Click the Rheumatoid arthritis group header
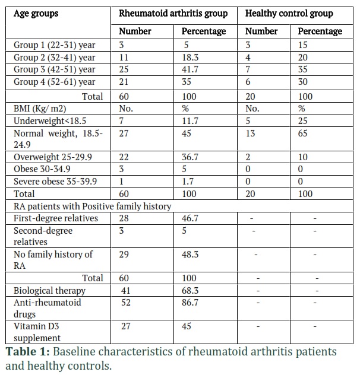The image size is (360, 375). (x=173, y=14)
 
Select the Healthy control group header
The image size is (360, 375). (x=289, y=14)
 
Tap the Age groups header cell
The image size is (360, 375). (x=36, y=14)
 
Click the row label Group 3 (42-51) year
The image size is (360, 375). (x=55, y=69)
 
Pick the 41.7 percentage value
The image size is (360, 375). (x=190, y=69)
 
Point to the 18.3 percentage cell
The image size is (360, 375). (x=190, y=58)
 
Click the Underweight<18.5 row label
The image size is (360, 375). (x=50, y=121)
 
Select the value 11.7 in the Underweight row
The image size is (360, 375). (x=190, y=121)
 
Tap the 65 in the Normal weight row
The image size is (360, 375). (x=303, y=134)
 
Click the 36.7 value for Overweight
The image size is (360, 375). (x=190, y=157)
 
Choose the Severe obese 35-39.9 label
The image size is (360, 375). (x=55, y=182)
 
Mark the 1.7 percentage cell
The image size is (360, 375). (x=188, y=182)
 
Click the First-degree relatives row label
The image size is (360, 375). (x=56, y=218)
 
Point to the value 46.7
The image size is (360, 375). (x=190, y=218)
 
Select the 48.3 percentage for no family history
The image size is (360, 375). (x=190, y=255)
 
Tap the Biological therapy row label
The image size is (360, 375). (x=49, y=291)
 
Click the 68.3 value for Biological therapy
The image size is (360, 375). (x=190, y=291)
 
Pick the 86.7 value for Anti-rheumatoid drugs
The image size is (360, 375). (x=190, y=303)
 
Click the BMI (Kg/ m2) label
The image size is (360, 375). (x=40, y=109)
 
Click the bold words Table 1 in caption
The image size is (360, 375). (x=28, y=351)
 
